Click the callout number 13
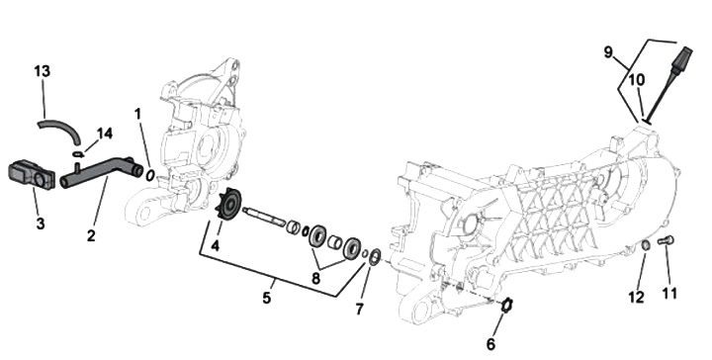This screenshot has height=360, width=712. point(43,71)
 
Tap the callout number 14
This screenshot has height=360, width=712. point(105,134)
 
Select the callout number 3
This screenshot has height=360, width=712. point(41,224)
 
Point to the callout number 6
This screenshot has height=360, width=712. point(490,344)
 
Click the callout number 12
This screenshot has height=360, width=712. point(637,297)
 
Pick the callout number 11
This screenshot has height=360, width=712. point(668,294)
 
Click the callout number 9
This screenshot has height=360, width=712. point(608,52)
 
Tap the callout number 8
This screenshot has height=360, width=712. point(315,278)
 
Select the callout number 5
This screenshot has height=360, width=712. point(267,298)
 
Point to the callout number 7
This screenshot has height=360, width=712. point(359,310)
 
